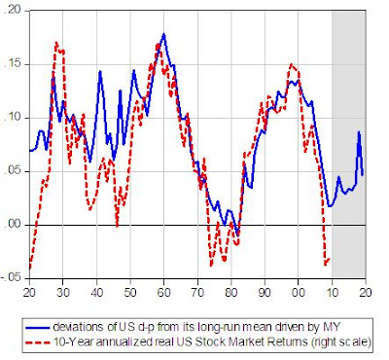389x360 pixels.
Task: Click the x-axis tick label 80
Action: (x=231, y=292)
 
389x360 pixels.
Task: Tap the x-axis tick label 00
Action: (x=299, y=292)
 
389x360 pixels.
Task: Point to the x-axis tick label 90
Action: (x=265, y=292)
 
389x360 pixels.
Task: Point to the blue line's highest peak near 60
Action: (x=163, y=35)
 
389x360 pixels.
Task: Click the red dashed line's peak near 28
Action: (x=56, y=43)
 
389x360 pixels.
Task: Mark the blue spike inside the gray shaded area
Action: (x=359, y=133)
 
